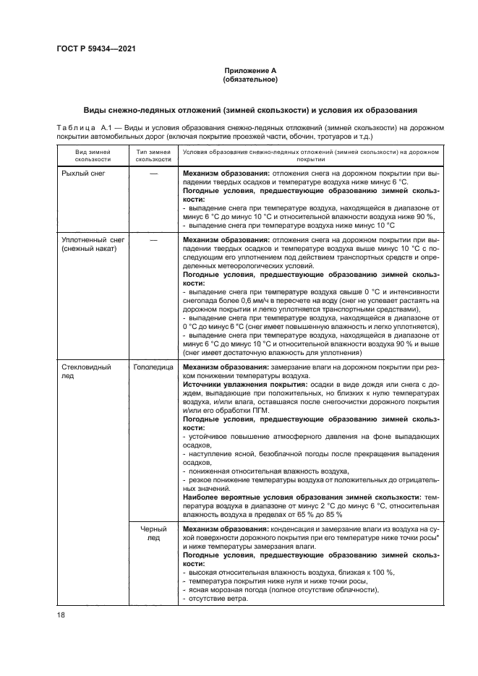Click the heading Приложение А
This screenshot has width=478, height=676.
[x=250, y=71]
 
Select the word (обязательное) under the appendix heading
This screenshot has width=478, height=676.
[x=250, y=80]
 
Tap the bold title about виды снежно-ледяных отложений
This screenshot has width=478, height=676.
[x=250, y=110]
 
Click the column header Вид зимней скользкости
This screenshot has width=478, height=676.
[x=93, y=155]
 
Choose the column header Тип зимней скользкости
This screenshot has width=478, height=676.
[x=153, y=155]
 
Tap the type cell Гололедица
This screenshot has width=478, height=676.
[x=153, y=367]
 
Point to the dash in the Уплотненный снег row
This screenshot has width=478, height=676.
[x=153, y=239]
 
